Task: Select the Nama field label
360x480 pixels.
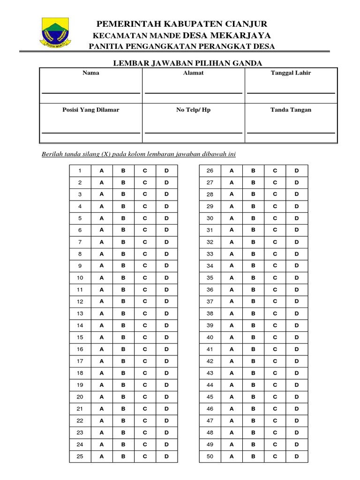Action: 90,73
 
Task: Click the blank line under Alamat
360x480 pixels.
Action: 193,92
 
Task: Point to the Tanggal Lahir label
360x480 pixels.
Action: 291,73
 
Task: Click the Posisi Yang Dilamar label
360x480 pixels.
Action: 90,110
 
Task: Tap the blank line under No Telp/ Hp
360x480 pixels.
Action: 193,133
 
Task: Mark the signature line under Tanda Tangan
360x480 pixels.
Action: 291,133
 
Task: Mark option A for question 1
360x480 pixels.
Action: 101,171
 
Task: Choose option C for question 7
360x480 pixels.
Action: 145,242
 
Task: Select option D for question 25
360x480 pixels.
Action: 166,457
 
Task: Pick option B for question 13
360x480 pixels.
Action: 123,314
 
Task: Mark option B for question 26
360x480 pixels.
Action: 253,171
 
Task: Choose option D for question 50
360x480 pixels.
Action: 296,457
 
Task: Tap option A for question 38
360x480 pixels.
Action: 231,314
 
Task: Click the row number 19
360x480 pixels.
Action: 80,385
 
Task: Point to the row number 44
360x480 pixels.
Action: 210,385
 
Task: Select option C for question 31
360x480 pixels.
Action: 275,230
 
